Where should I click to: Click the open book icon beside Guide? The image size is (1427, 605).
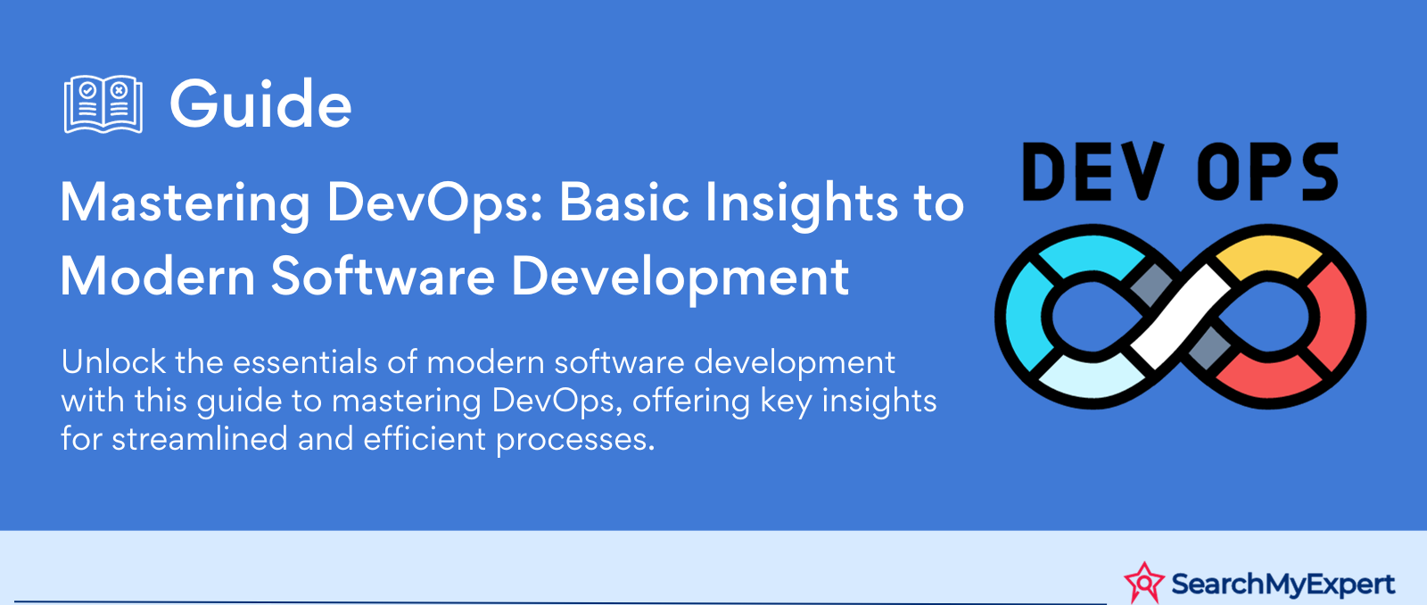pyautogui.click(x=103, y=104)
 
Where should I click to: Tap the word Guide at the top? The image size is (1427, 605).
pyautogui.click(x=260, y=104)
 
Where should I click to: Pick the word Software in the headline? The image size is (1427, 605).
pyautogui.click(x=383, y=276)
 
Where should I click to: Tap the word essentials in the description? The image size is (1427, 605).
pyautogui.click(x=305, y=362)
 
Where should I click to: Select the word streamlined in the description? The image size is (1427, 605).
pyautogui.click(x=200, y=439)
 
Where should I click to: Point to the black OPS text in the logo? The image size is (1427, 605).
pyautogui.click(x=1267, y=171)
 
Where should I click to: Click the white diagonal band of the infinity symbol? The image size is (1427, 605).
pyautogui.click(x=1181, y=317)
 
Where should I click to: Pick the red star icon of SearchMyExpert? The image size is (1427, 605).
pyautogui.click(x=1144, y=583)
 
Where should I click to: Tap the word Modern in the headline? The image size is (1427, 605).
pyautogui.click(x=157, y=276)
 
